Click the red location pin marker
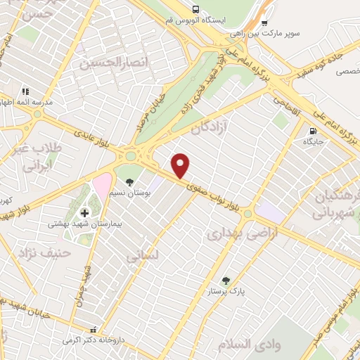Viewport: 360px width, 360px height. tap(181, 166)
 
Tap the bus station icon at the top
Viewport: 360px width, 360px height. tap(197, 9)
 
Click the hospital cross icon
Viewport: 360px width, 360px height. tap(85, 212)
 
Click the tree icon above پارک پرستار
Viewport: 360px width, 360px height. tap(226, 280)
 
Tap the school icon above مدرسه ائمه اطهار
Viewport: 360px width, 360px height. tap(25, 91)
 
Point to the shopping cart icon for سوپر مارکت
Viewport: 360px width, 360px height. tap(264, 22)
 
